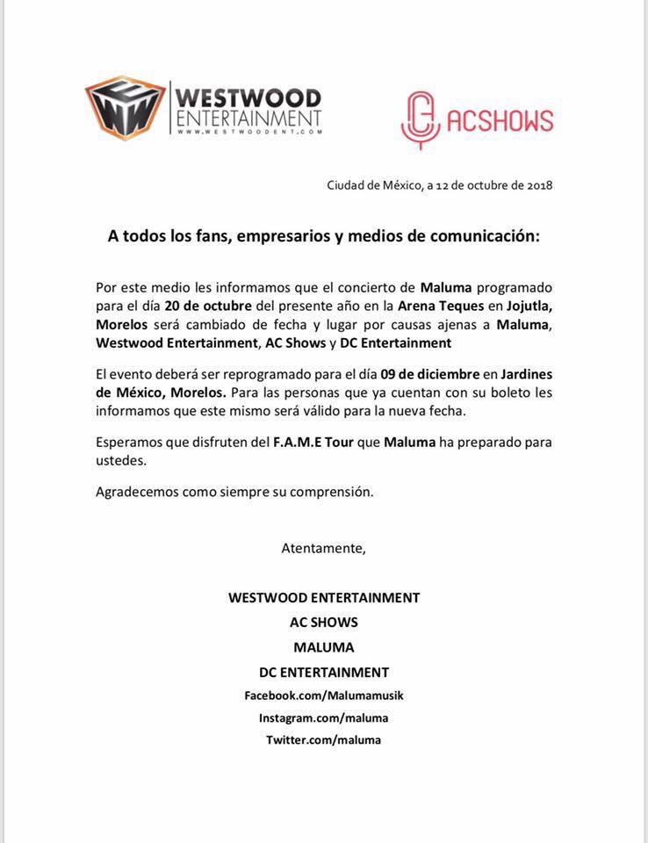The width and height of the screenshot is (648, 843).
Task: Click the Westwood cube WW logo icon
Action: coord(124,108)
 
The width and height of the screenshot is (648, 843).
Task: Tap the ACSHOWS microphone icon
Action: coord(418,120)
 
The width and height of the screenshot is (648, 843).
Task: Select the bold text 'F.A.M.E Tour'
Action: coord(314,442)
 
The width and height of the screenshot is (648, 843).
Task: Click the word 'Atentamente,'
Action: coord(323,548)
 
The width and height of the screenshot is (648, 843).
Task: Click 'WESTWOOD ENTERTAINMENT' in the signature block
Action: coord(324,598)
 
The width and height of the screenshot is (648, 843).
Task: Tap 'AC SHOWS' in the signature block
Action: coord(324,623)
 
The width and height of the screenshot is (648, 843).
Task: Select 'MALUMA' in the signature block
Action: coord(324,648)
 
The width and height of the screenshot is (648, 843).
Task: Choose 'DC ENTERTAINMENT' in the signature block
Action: coord(324,673)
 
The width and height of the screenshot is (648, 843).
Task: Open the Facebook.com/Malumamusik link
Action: coord(324,695)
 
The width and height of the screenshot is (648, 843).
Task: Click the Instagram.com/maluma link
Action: coord(324,717)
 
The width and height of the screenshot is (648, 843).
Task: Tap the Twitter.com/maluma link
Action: coord(324,739)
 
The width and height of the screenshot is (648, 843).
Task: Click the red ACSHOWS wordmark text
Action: coord(500,120)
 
